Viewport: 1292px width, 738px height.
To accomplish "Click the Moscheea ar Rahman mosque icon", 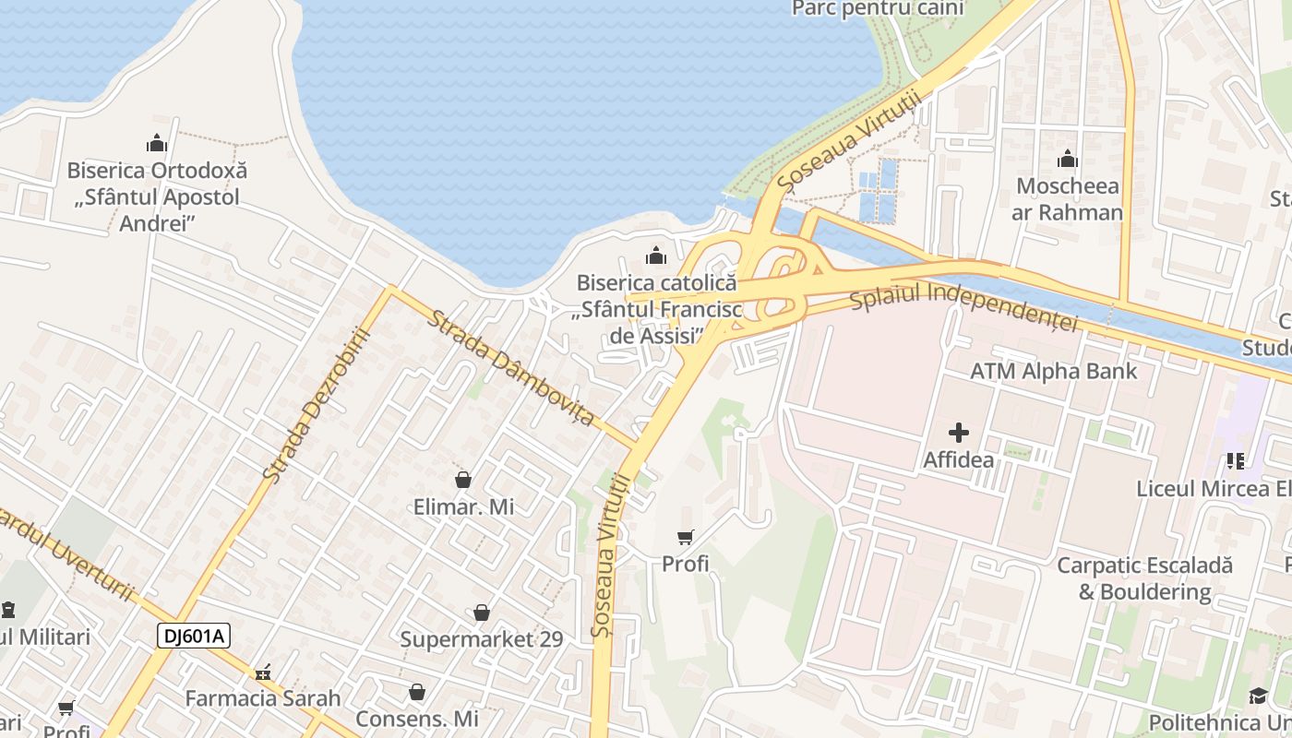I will point(1068,160).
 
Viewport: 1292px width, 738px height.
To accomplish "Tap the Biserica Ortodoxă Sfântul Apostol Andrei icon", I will point(157,144).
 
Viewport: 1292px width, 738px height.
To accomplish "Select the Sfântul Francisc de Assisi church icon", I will point(656,255).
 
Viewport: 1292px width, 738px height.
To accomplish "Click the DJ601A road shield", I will point(193,636).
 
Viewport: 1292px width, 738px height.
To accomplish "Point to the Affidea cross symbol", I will point(959,432).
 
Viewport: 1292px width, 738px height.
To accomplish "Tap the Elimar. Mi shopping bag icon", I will point(463,480).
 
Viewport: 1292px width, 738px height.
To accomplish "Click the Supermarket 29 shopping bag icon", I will point(481,613).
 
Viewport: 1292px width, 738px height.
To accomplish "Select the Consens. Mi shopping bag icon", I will point(417,692).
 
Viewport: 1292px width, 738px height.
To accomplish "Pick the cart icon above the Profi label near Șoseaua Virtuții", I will point(685,537).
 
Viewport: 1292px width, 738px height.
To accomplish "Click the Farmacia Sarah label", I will point(263,698).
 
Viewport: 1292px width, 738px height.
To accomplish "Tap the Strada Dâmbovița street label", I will point(510,367).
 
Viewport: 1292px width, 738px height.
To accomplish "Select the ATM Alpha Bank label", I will point(1053,372).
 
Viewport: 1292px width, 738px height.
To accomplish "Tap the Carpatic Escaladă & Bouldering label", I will point(1144,578).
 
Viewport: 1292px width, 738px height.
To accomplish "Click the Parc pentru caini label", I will point(878,8).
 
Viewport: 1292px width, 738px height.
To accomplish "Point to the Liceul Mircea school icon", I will point(1236,460).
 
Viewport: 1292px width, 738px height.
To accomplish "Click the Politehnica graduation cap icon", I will point(1258,696).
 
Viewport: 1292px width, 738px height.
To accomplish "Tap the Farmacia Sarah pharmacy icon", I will point(263,672).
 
